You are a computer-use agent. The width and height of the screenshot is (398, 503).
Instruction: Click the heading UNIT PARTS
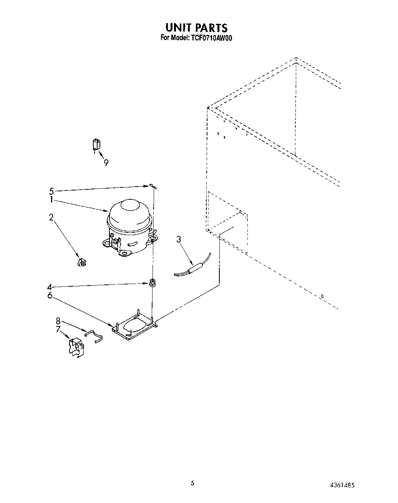(196, 28)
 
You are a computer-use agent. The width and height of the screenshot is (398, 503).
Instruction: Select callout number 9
(105, 163)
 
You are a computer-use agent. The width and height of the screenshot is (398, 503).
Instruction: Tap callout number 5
(51, 191)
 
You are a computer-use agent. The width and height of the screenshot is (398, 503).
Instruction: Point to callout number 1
(51, 200)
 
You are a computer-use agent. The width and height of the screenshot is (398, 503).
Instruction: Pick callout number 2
(51, 217)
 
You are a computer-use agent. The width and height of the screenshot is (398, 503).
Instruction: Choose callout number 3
(179, 239)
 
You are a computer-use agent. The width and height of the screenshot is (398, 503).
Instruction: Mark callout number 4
(50, 287)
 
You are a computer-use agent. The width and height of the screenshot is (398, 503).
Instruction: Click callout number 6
(50, 295)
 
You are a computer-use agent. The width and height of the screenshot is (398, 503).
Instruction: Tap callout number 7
(58, 329)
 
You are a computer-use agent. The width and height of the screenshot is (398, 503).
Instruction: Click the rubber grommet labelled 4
(153, 283)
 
